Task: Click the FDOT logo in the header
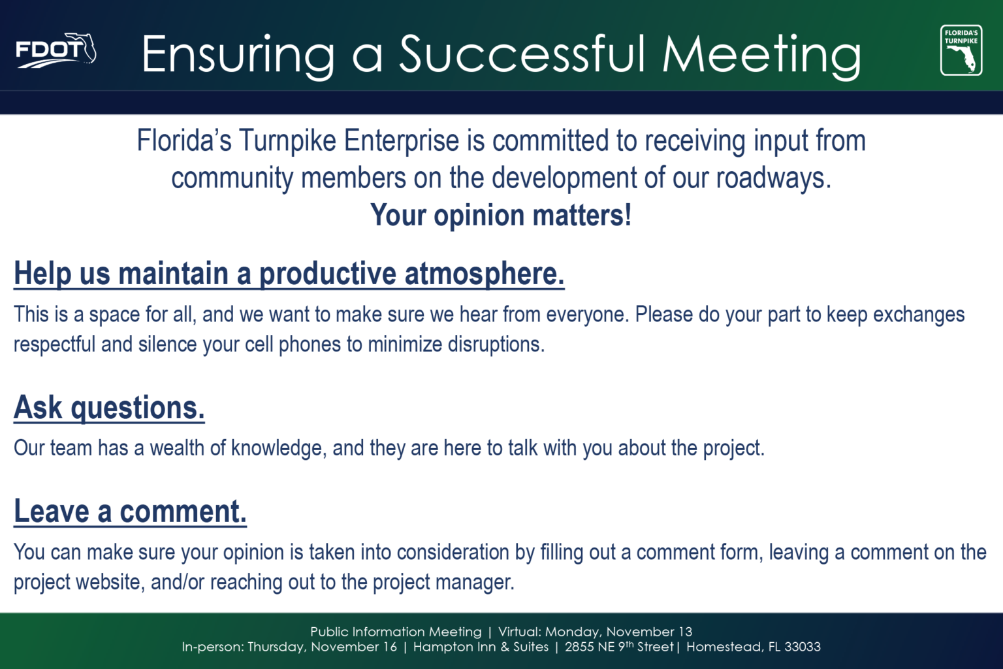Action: [x=56, y=51]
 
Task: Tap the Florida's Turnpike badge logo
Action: [x=961, y=50]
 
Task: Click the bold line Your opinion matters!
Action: [x=501, y=216]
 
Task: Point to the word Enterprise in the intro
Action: [x=402, y=141]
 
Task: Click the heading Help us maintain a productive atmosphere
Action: [x=289, y=274]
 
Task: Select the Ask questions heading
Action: [x=109, y=408]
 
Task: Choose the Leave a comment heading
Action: [x=131, y=512]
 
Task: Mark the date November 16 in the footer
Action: [x=354, y=647]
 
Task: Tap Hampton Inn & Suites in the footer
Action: [x=481, y=647]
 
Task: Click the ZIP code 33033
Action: [x=803, y=647]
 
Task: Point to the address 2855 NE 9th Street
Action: [x=619, y=647]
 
